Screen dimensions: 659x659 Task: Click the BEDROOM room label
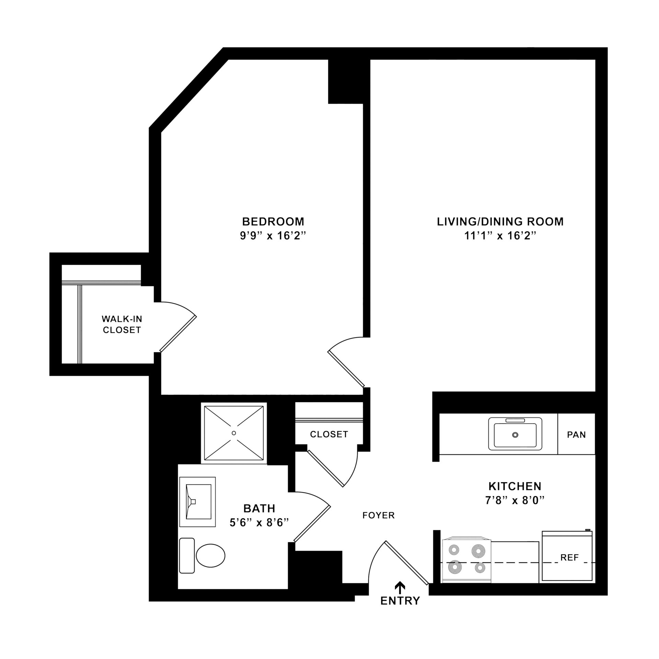click(273, 221)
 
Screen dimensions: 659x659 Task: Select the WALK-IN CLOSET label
click(122, 324)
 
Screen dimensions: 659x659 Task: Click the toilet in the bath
click(210, 555)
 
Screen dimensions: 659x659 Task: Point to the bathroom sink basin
click(198, 501)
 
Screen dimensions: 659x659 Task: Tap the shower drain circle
click(234, 433)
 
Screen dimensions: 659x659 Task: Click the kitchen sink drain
click(515, 435)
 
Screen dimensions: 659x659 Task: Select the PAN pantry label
click(576, 435)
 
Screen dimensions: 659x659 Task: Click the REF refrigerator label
click(569, 558)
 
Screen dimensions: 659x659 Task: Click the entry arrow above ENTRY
click(400, 588)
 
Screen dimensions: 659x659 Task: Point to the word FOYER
click(379, 515)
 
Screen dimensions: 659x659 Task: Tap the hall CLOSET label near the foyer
click(329, 434)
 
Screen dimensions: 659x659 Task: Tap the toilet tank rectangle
click(187, 555)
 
